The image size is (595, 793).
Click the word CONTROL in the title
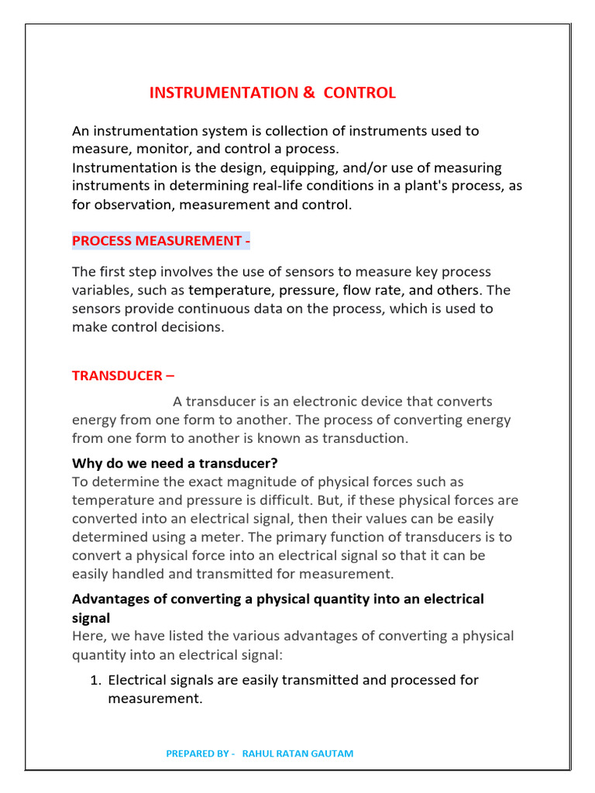coord(359,93)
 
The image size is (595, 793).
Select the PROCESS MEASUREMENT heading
coord(160,241)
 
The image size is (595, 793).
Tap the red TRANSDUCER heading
coord(123,376)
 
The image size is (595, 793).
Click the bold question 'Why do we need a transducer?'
coord(174,464)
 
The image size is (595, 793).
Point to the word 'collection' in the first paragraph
coord(308,131)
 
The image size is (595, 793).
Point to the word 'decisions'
coord(191,328)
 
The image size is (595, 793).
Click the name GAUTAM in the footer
coord(333,754)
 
